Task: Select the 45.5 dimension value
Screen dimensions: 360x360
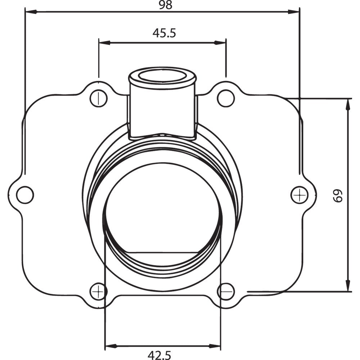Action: point(164,33)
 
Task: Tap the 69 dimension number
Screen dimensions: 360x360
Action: point(338,195)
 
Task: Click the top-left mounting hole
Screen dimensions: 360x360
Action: point(98,98)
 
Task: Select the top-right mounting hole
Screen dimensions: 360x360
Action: point(226,98)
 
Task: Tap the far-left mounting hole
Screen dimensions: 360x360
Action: point(25,195)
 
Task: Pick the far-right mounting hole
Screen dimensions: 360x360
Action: point(299,195)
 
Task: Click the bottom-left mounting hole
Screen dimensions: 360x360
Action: point(98,291)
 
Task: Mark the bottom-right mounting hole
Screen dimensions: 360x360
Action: point(226,291)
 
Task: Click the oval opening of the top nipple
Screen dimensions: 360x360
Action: point(162,76)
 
